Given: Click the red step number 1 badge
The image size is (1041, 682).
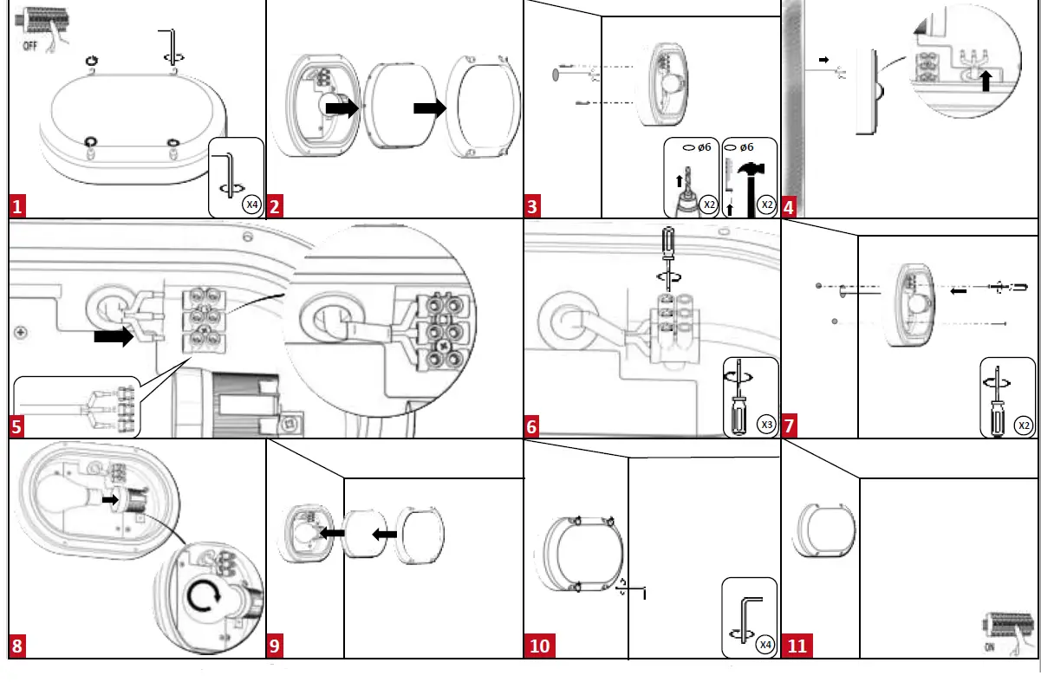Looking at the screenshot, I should click(18, 207).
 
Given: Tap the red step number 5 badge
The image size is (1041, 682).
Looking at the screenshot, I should click(18, 427).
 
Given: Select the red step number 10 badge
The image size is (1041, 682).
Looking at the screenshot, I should click(540, 646).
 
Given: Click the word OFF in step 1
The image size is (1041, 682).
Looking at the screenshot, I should click(29, 45).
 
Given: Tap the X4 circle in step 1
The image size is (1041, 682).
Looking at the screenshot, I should click(250, 205).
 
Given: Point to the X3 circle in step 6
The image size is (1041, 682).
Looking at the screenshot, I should click(765, 425).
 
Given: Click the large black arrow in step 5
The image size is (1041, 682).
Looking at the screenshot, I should click(114, 336).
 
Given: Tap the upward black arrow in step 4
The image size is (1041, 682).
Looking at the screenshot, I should click(985, 81).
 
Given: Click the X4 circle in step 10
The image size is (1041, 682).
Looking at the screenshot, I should click(764, 645).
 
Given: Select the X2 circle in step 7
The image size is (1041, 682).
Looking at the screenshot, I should click(1024, 425).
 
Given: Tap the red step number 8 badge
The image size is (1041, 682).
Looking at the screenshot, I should click(18, 646).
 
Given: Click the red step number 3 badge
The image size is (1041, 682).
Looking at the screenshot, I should click(533, 207).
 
